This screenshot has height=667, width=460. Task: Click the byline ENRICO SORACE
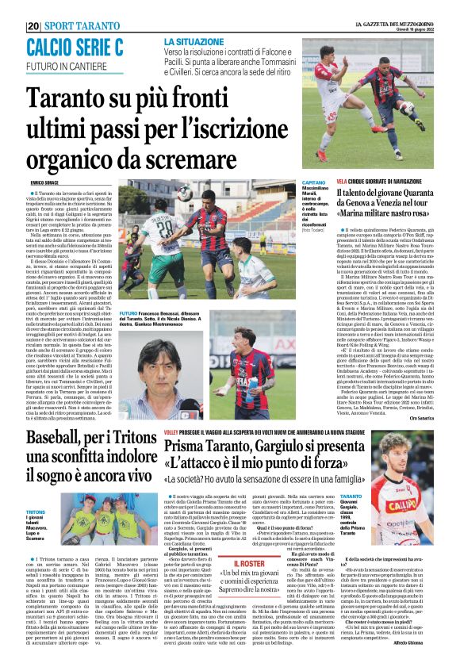40,183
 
